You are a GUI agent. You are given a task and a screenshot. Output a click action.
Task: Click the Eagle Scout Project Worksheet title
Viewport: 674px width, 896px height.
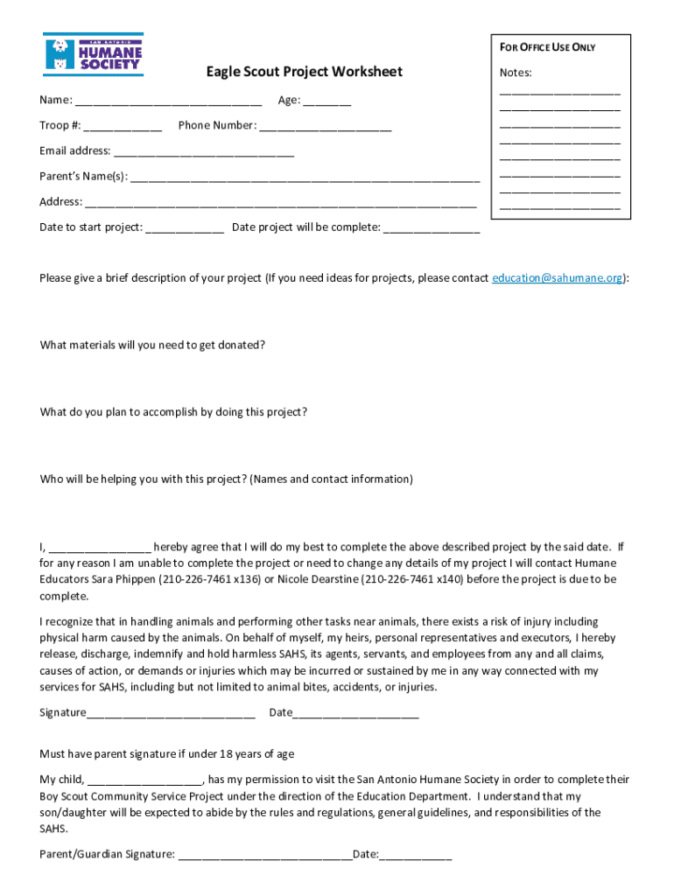click(x=304, y=72)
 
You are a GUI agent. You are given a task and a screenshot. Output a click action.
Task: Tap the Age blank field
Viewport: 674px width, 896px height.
click(x=327, y=101)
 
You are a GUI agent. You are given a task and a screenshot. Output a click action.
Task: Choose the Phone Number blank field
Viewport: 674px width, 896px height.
click(x=325, y=127)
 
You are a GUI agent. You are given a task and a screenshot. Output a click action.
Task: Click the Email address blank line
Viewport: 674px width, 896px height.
click(x=204, y=152)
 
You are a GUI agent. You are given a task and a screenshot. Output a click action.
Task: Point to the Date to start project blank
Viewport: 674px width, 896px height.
click(x=184, y=228)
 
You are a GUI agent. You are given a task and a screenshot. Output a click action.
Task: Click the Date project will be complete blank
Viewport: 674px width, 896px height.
click(x=432, y=228)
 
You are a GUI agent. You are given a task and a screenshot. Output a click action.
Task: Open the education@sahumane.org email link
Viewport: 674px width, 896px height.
click(x=558, y=278)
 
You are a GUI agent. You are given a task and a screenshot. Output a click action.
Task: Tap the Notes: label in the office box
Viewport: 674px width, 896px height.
click(x=516, y=73)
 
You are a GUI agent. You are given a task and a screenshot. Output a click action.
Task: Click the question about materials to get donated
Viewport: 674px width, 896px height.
click(x=152, y=345)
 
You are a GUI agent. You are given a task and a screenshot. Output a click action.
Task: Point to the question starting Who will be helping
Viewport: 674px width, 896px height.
click(x=226, y=479)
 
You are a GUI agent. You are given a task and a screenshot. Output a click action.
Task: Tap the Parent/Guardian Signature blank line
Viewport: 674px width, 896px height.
click(x=264, y=855)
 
